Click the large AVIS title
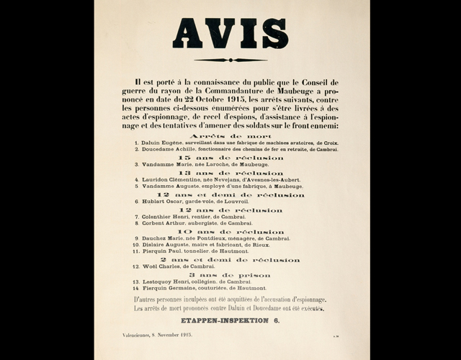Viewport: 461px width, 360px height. coord(230,33)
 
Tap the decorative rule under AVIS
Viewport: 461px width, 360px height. coord(230,60)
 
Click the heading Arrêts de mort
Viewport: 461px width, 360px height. coord(230,135)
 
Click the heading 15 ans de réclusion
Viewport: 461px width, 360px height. coord(230,157)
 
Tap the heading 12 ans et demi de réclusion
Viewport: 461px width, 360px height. coord(230,194)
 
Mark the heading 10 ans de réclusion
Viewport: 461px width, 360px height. coord(230,232)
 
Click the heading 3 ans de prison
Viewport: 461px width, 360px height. coord(230,275)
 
